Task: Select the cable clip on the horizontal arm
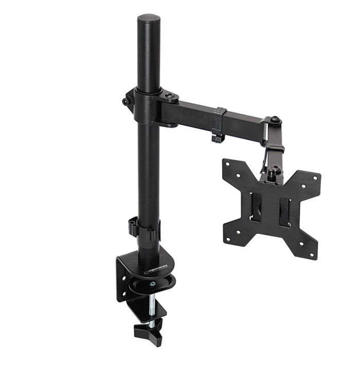tap(218, 124)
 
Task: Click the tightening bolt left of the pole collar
tap(125, 101)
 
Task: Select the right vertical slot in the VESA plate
tap(284, 212)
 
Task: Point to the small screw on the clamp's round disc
tap(152, 283)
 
